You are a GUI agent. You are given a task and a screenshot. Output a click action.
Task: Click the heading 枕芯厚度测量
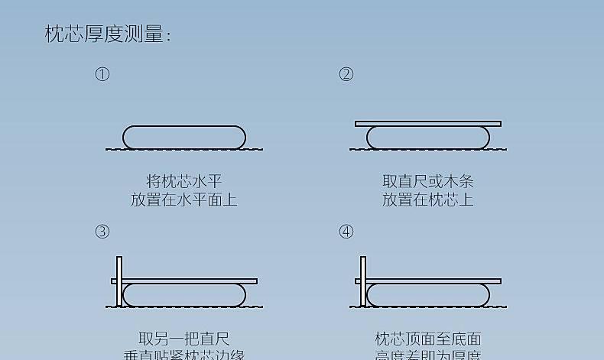tap(107, 34)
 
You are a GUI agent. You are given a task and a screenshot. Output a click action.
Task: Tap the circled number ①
tap(102, 74)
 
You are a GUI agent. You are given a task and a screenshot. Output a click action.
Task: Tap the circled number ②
tap(346, 74)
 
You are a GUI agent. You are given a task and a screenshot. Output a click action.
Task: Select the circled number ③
tap(102, 232)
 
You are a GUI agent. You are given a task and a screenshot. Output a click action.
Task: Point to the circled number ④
tap(346, 232)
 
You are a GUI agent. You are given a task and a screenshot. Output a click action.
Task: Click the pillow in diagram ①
tap(184, 138)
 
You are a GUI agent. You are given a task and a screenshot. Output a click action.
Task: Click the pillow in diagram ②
tap(428, 138)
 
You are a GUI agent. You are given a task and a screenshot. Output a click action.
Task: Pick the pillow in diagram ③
tap(184, 295)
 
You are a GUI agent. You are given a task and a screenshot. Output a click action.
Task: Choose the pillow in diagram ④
tap(428, 295)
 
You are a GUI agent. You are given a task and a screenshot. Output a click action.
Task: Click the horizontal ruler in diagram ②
tap(428, 123)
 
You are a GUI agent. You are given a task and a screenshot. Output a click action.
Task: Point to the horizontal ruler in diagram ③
tap(191, 281)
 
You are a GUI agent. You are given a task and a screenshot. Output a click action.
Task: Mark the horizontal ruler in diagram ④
tap(435, 281)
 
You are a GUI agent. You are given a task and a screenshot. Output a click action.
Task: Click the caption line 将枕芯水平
tap(184, 181)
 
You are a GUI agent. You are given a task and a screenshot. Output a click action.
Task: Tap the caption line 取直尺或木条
tap(428, 181)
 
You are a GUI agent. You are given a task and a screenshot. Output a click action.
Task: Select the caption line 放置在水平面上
tap(184, 199)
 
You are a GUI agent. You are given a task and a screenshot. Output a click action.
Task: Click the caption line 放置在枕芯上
tap(428, 199)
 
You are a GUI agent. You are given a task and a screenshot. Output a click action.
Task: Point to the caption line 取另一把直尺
tap(184, 339)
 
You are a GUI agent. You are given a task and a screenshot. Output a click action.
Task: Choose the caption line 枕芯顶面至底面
tap(428, 339)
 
